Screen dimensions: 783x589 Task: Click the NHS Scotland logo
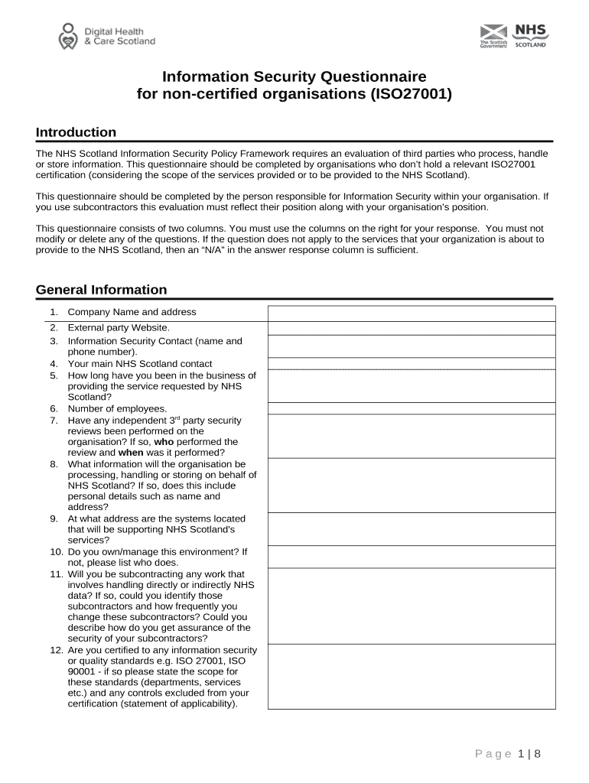point(529,35)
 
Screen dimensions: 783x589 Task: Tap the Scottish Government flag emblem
point(493,32)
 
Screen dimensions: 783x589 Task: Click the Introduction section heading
point(76,132)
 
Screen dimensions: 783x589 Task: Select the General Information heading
point(101,290)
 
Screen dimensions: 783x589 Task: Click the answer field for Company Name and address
point(412,314)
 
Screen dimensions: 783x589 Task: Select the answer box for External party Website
point(412,328)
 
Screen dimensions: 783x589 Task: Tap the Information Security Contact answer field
point(412,346)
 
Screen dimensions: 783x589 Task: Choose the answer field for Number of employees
point(412,408)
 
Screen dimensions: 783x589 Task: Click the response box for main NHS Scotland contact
point(412,364)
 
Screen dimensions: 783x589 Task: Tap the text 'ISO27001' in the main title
point(412,95)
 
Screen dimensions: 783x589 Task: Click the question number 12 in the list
point(56,650)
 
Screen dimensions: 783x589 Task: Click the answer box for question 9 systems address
point(412,528)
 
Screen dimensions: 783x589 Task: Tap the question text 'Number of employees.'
point(117,409)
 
